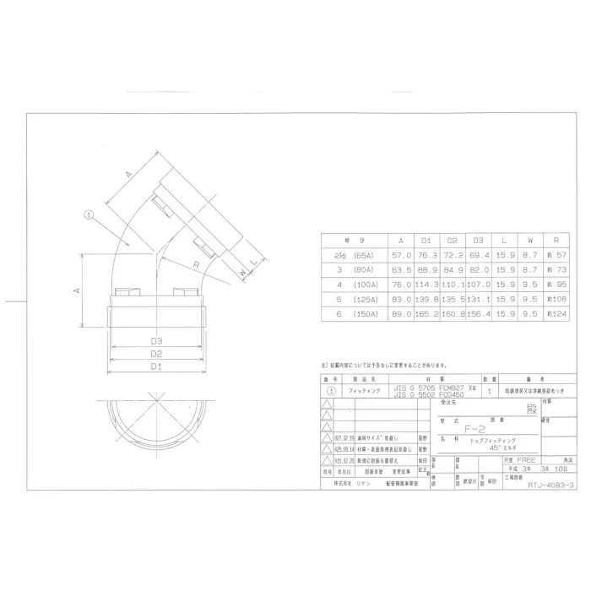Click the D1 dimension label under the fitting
point(155,366)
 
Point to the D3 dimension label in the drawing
point(155,340)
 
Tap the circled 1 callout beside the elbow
point(87,214)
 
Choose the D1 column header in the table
point(426,239)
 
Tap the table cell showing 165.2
point(426,313)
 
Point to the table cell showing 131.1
point(479,298)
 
